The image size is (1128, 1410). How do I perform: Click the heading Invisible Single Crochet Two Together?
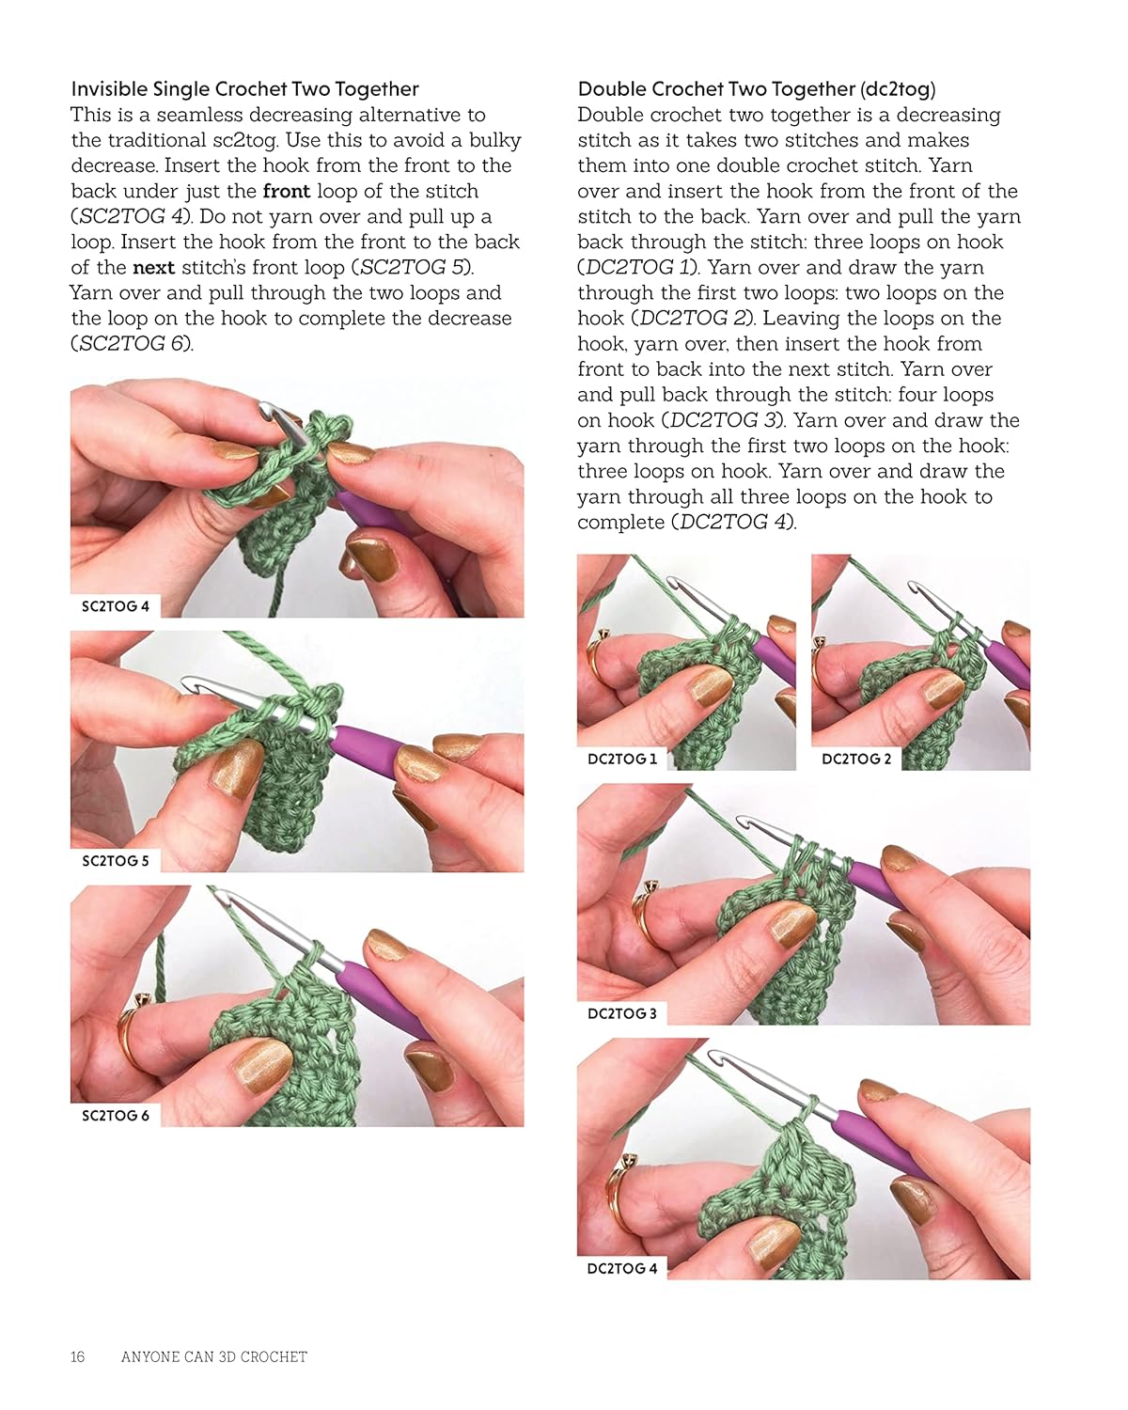tap(244, 89)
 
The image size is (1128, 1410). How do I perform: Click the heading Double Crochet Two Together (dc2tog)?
tap(756, 89)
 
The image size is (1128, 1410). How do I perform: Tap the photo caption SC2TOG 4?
tap(115, 606)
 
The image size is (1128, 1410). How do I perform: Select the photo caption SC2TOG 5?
tap(115, 861)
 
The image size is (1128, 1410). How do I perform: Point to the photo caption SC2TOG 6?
tap(115, 1116)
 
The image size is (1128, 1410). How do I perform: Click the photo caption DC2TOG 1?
tap(621, 759)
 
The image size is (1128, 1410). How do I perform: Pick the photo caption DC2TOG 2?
tap(855, 759)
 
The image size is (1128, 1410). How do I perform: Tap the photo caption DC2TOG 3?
tap(621, 1013)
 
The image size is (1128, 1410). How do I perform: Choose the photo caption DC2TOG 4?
tap(621, 1268)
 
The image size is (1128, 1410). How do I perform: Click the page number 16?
tap(78, 1356)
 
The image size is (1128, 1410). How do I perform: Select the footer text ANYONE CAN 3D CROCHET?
tap(214, 1356)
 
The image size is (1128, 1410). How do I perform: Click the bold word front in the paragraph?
tap(286, 192)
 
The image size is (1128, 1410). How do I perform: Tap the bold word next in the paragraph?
tap(153, 268)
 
